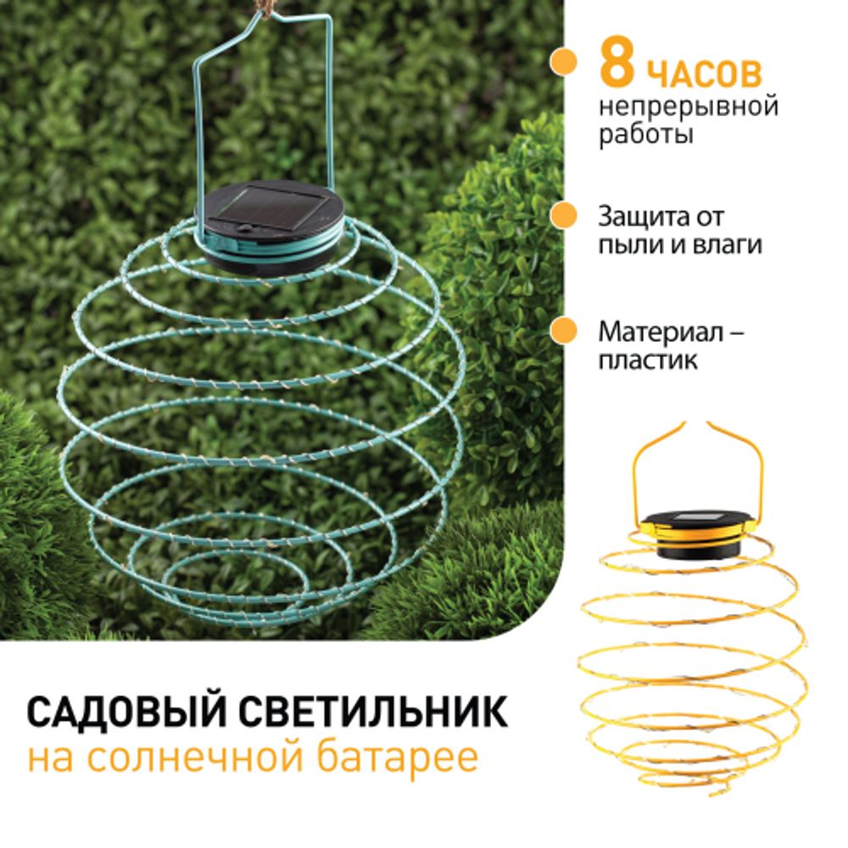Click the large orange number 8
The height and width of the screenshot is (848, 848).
616,66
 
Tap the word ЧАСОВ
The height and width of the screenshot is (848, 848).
705,75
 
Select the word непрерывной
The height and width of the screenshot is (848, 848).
688,108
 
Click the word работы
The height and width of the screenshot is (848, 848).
644,135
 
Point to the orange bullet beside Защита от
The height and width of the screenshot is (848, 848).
560,217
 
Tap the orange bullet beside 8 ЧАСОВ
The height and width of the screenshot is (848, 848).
560,63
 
